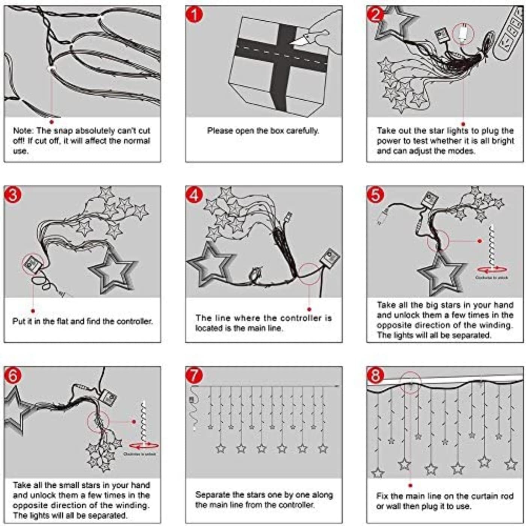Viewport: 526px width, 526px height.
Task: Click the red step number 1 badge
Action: (194, 15)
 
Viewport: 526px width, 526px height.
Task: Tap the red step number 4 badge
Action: (194, 195)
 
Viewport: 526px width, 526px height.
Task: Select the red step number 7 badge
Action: (194, 375)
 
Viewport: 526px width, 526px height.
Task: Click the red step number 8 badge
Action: (375, 375)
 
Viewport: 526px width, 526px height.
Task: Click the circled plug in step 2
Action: (463, 33)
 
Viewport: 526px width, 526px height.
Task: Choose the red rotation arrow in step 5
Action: (492, 269)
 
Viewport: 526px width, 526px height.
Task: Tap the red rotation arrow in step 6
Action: (144, 446)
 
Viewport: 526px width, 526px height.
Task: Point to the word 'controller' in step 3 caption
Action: (134, 321)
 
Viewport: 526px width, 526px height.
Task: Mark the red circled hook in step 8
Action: (411, 383)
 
